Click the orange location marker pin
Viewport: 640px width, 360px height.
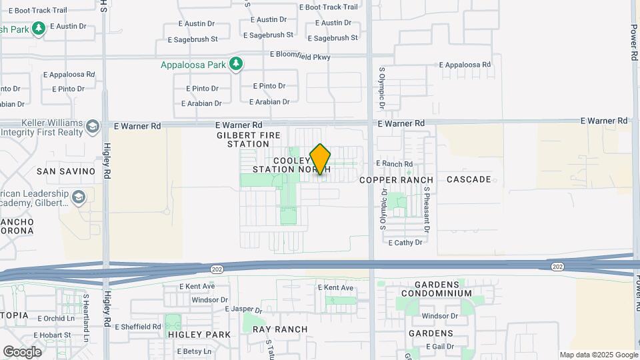320,159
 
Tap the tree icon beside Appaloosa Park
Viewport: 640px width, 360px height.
235,64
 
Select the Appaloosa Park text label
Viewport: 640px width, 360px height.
193,65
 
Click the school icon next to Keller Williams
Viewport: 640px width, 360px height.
92,125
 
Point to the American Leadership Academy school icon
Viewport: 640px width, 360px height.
79,197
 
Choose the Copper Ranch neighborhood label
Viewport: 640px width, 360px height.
396,180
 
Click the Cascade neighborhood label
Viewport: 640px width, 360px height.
469,179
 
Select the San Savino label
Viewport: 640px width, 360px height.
66,171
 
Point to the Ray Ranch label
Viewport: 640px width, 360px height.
280,329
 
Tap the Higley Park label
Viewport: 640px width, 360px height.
199,335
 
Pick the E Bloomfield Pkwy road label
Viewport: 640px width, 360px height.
300,57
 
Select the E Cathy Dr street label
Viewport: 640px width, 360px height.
405,243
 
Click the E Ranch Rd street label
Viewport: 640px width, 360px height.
395,163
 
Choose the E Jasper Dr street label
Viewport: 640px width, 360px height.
245,309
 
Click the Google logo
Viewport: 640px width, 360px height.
22,351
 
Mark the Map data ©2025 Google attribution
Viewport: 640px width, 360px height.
599,355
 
